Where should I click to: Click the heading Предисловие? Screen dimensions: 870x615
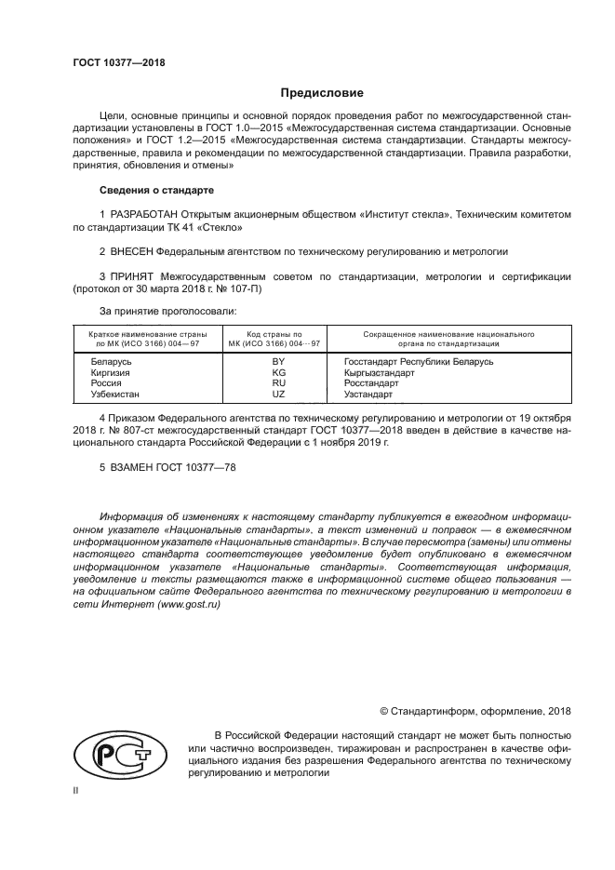pos(322,93)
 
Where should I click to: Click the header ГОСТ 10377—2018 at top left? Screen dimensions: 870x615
pos(119,63)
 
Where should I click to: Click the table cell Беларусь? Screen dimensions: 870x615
pos(112,361)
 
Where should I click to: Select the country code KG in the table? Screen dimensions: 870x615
pos(277,372)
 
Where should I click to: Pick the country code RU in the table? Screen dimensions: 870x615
pos(277,382)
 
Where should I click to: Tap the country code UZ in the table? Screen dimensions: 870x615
pos(277,394)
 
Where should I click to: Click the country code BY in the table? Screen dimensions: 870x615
pos(277,361)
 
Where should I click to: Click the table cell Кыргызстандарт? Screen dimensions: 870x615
pos(379,372)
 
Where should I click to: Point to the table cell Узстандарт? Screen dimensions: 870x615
pos(370,394)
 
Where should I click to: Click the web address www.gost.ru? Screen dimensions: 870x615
pos(189,604)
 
